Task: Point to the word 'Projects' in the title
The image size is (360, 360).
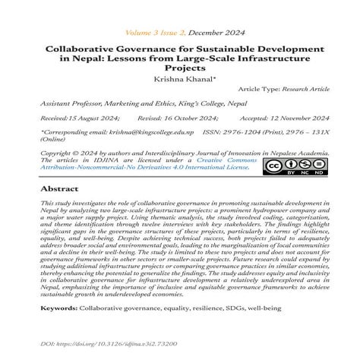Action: click(x=180, y=66)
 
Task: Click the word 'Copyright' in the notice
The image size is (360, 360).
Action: click(x=58, y=151)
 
